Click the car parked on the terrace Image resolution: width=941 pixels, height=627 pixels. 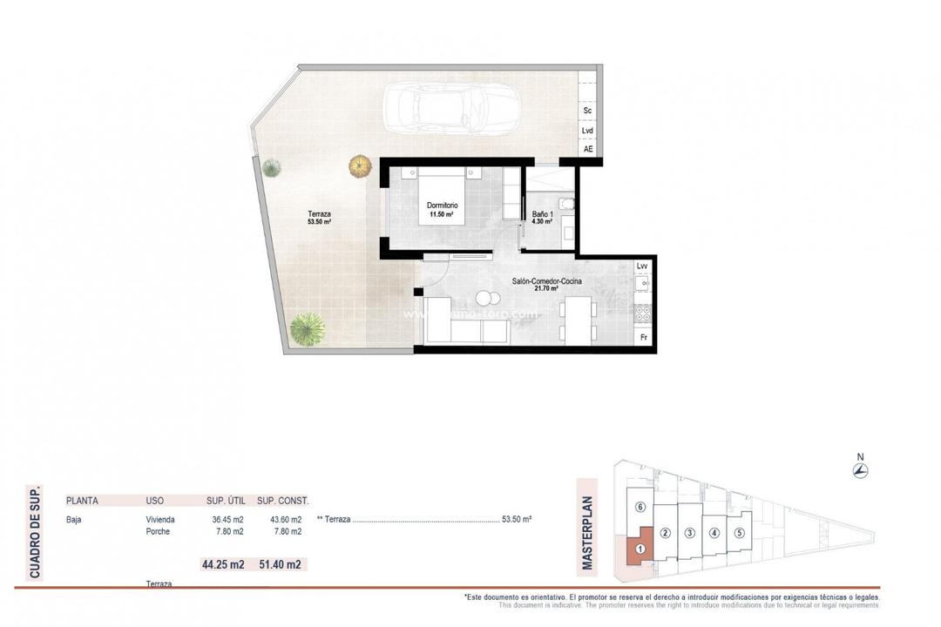coord(448,108)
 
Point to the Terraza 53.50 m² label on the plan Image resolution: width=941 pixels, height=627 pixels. coord(319,218)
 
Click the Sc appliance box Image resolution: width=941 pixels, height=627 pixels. coord(588,111)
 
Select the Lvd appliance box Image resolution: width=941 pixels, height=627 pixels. coord(588,131)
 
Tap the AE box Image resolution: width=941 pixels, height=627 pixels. coord(588,149)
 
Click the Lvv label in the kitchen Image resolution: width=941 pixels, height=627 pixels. coord(643,266)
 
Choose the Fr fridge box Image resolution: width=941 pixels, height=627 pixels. coord(644,337)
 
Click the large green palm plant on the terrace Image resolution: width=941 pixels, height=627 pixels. coord(307,329)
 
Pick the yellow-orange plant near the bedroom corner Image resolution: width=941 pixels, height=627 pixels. coord(360,165)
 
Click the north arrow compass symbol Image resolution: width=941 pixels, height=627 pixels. coord(861,471)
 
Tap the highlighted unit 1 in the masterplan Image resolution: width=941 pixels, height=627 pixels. coord(640,549)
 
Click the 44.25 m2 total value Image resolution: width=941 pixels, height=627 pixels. coord(222,564)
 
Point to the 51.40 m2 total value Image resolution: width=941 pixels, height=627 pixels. coord(280,564)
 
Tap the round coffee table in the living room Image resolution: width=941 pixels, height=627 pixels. coord(484,298)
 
